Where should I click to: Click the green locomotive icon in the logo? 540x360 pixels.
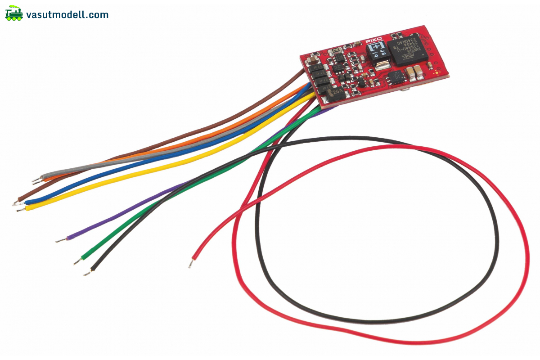14,14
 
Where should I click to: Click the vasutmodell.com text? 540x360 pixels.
67,15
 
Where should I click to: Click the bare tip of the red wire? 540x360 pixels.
191,264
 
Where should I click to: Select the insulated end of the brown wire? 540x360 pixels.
20,198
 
